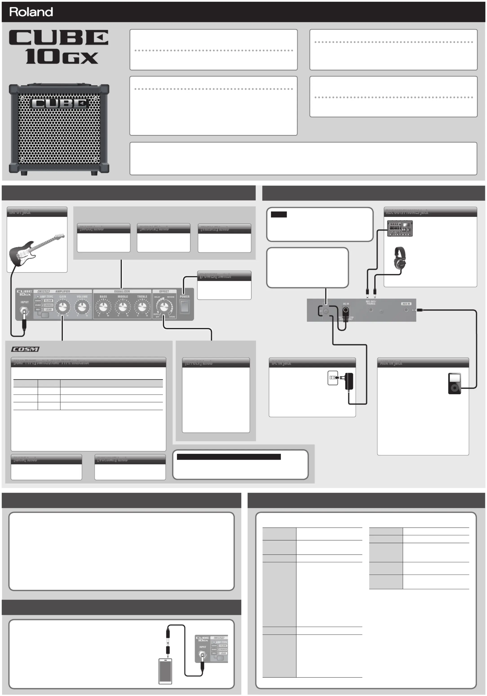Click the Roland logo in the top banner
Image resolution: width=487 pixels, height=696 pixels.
pyautogui.click(x=31, y=12)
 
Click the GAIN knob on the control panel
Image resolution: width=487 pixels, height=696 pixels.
pyautogui.click(x=62, y=307)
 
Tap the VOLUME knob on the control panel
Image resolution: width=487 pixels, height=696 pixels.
pyautogui.click(x=82, y=307)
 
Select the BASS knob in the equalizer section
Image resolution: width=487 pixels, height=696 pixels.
pyautogui.click(x=103, y=307)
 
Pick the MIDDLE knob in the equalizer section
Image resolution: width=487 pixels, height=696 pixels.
pyautogui.click(x=123, y=307)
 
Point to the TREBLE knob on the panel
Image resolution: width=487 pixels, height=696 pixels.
pyautogui.click(x=142, y=307)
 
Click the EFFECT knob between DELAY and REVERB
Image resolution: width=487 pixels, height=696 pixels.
pyautogui.click(x=164, y=307)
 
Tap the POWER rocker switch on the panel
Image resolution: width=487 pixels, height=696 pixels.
pyautogui.click(x=184, y=307)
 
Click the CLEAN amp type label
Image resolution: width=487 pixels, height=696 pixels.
pyautogui.click(x=48, y=301)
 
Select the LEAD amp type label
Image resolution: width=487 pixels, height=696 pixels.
pyautogui.click(x=48, y=309)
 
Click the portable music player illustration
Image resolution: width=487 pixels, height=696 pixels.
pyautogui.click(x=454, y=383)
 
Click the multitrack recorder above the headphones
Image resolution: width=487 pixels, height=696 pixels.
pyautogui.click(x=400, y=228)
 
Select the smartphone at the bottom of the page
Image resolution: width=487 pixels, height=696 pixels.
pyautogui.click(x=165, y=671)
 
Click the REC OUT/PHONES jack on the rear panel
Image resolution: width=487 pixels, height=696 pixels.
pyautogui.click(x=371, y=310)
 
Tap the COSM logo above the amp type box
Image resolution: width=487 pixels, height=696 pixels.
pyautogui.click(x=25, y=349)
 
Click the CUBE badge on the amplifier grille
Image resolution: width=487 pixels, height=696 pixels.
pyautogui.click(x=60, y=103)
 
